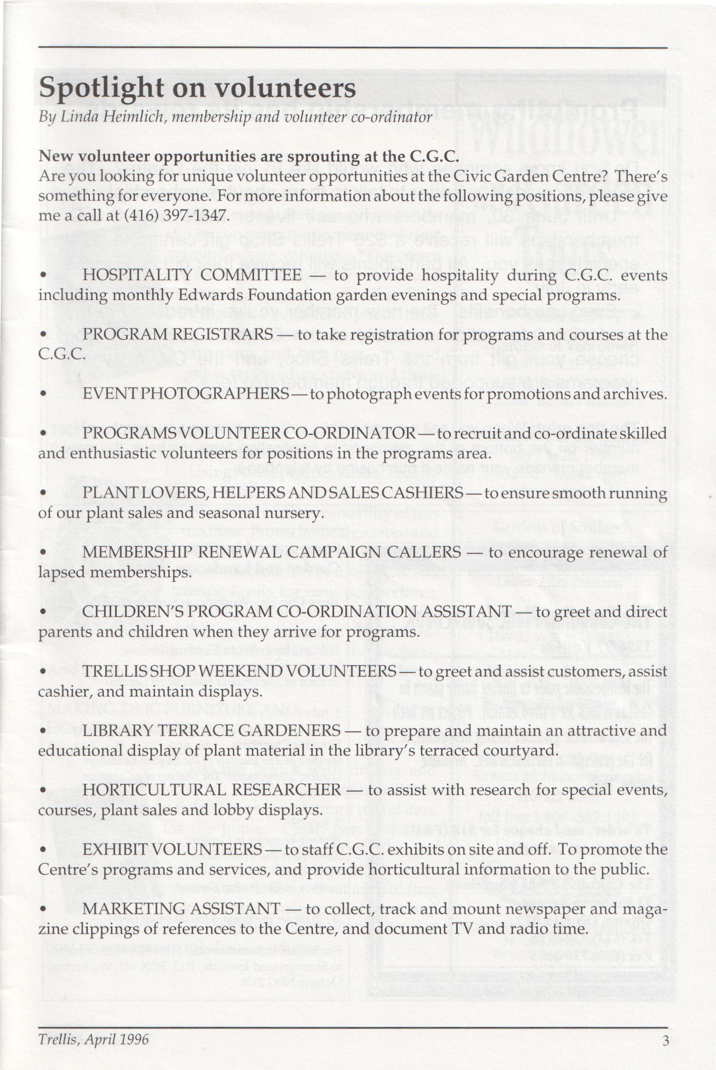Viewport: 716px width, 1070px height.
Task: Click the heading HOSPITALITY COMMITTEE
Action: (191, 275)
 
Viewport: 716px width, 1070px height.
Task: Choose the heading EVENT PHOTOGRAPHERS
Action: (185, 393)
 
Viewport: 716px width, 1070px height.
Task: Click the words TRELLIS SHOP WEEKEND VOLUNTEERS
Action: (239, 671)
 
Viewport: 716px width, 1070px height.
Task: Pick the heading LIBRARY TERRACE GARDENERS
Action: (211, 730)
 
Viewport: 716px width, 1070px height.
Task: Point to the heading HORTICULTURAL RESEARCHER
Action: (212, 790)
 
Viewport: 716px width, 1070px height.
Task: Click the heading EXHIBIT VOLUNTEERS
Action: (172, 849)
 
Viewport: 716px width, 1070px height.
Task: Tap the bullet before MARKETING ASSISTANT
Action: (44, 909)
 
